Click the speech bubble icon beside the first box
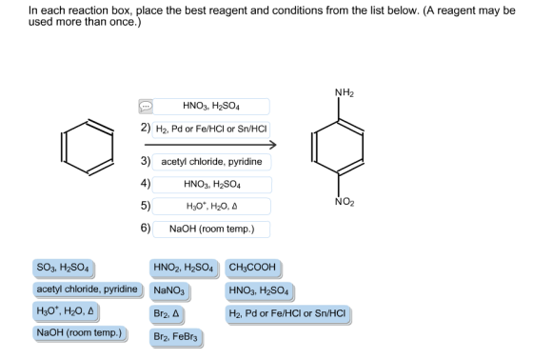tap(146, 107)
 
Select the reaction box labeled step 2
tap(211, 130)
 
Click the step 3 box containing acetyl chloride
tap(211, 162)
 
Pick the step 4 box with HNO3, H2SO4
tap(212, 185)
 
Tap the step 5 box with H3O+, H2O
tap(211, 207)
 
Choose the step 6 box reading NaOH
tap(211, 229)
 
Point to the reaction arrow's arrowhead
tap(273, 145)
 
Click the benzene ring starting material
tap(87, 147)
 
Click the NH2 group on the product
tap(344, 92)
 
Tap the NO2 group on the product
tap(345, 202)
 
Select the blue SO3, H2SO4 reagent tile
tap(64, 268)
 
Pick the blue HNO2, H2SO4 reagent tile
tap(184, 268)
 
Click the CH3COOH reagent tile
tap(253, 268)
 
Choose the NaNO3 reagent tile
tap(169, 290)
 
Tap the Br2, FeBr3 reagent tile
tap(176, 337)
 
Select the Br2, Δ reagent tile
tap(167, 313)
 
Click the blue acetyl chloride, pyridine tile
tap(88, 290)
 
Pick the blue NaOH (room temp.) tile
tap(80, 333)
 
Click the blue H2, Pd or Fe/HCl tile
tap(287, 313)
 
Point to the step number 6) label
tap(146, 228)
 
